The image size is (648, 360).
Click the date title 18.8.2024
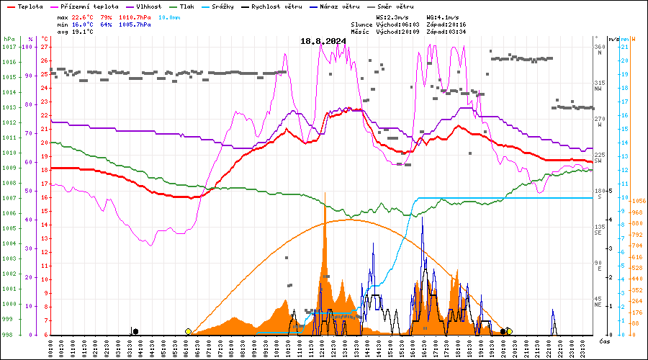(x=323, y=41)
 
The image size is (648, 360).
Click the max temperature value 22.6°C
(x=86, y=16)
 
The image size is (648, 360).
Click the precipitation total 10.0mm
(x=171, y=16)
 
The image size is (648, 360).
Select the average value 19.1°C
(x=86, y=32)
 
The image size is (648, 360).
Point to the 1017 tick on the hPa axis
(x=9, y=47)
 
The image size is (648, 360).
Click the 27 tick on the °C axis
(x=45, y=47)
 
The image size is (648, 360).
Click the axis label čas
(x=606, y=341)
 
